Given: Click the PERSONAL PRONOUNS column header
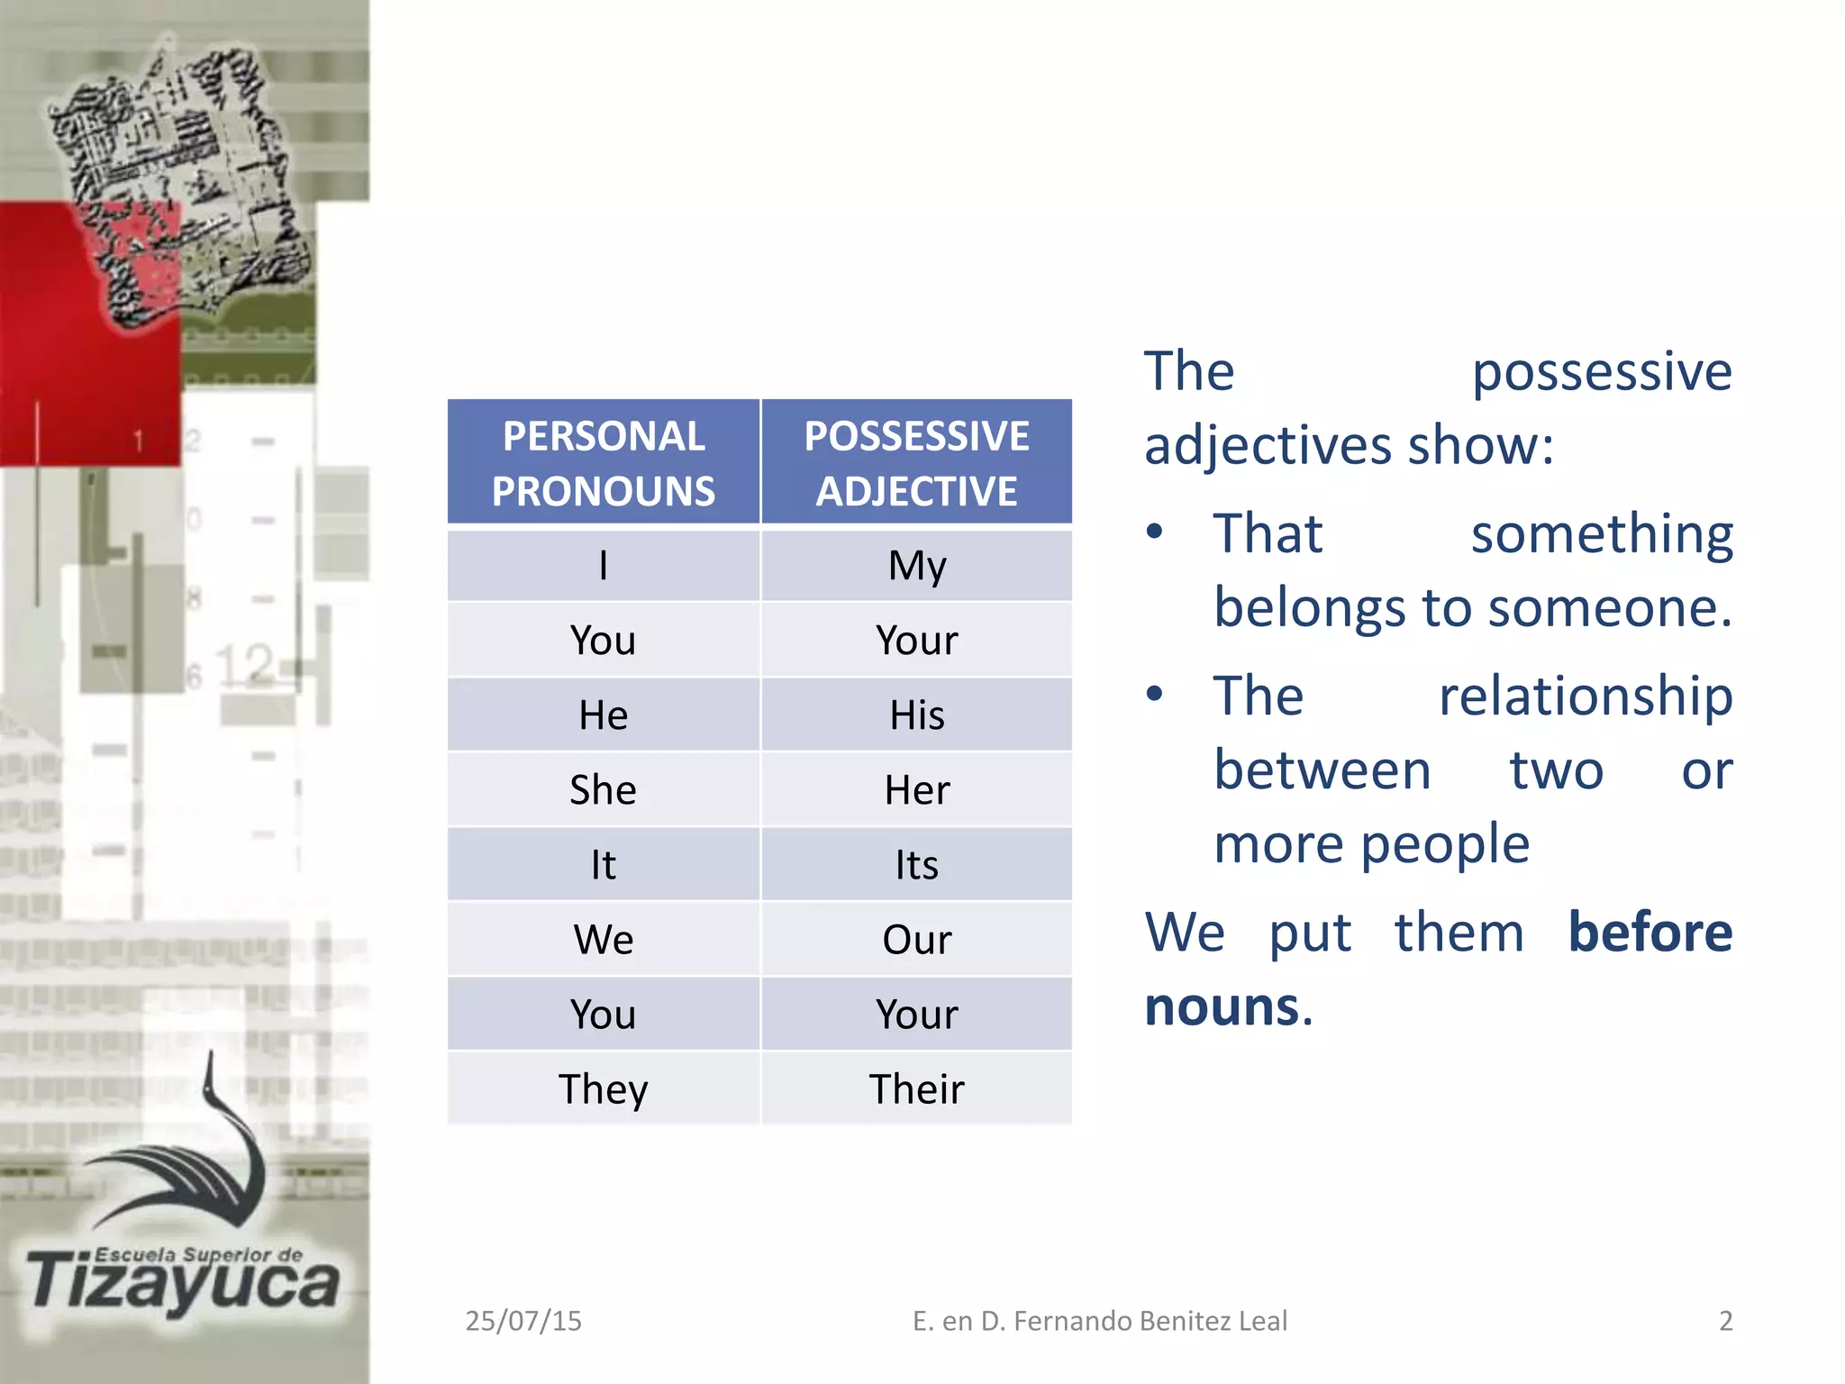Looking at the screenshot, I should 603,463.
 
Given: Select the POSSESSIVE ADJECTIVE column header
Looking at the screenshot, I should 916,463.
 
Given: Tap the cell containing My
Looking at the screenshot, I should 916,566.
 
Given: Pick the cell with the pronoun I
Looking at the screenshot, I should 603,566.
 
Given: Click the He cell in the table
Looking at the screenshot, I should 603,715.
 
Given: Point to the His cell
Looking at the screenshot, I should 916,715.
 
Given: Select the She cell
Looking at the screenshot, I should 603,790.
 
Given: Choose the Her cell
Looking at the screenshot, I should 916,790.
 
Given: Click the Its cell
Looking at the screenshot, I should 916,865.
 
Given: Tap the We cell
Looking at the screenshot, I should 603,940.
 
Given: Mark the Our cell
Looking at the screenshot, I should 916,940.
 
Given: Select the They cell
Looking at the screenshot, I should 603,1089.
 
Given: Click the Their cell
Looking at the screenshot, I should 916,1089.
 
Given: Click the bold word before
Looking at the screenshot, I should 1650,932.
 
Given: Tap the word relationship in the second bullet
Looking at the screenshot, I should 1586,697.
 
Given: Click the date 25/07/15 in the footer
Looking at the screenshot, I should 523,1321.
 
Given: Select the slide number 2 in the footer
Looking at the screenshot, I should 1725,1321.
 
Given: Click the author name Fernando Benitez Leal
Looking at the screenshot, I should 1150,1321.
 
